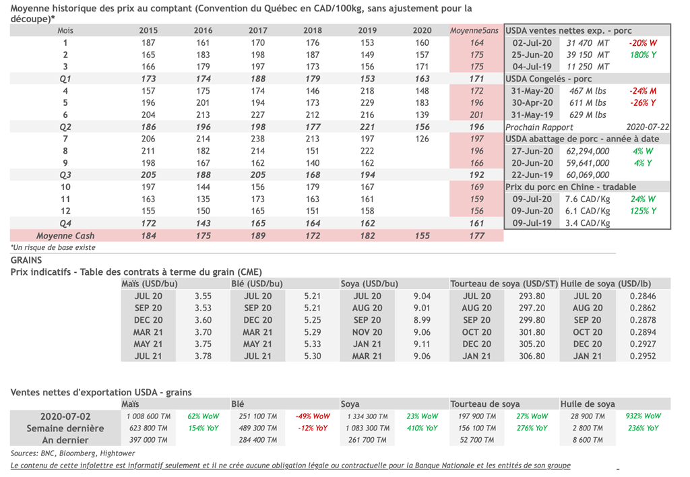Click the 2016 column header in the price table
pyautogui.click(x=203, y=30)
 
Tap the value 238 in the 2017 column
pyautogui.click(x=257, y=139)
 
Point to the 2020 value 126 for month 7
pyautogui.click(x=422, y=139)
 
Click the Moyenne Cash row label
pyautogui.click(x=65, y=236)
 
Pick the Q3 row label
pyautogui.click(x=65, y=175)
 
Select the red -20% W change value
pyautogui.click(x=641, y=42)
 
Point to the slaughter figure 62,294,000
pyautogui.click(x=588, y=151)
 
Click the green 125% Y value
pyautogui.click(x=643, y=212)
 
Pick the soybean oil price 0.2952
pyautogui.click(x=642, y=356)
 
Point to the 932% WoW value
pyautogui.click(x=642, y=416)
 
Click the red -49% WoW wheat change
pyautogui.click(x=313, y=416)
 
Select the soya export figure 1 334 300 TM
pyautogui.click(x=367, y=416)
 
